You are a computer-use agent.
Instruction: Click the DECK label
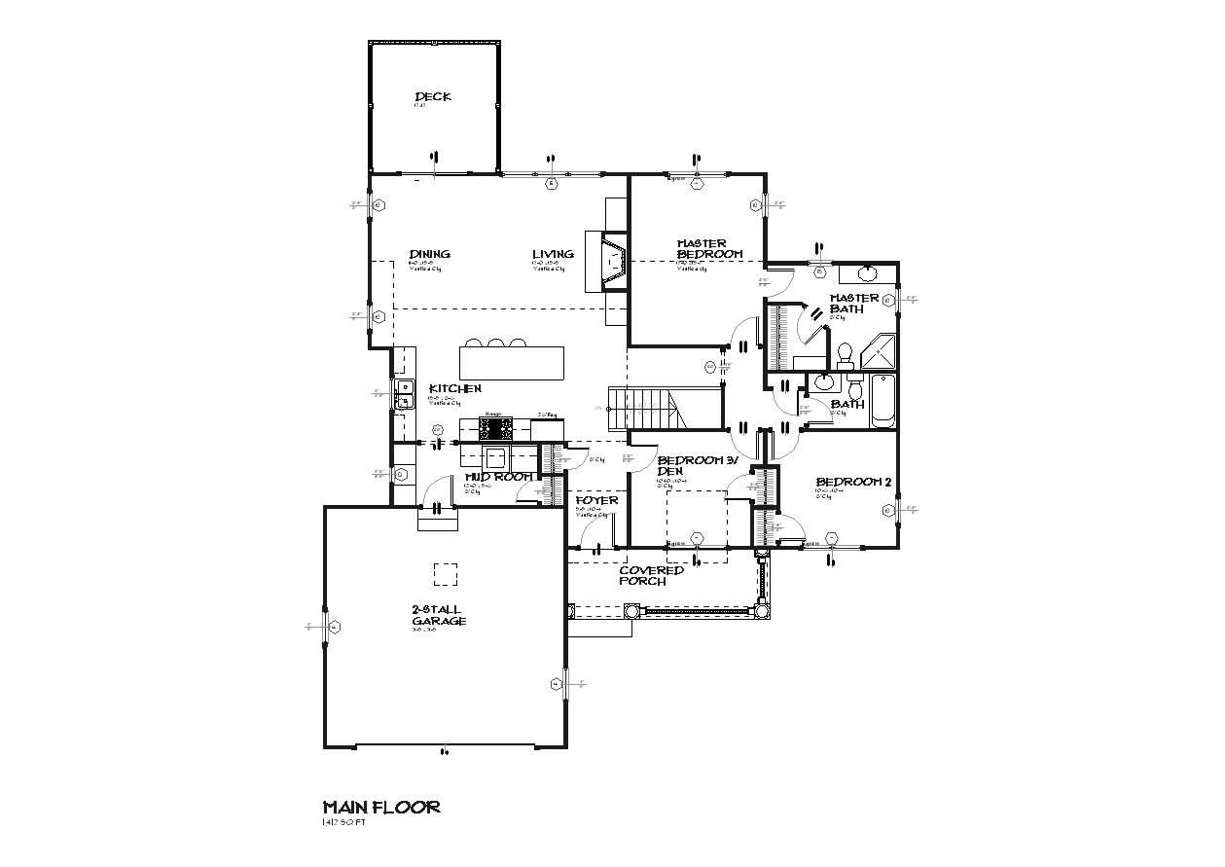(x=433, y=96)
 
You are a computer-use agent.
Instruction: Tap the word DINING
(x=429, y=254)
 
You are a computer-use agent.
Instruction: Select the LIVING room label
(x=552, y=254)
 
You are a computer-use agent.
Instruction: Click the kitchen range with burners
(x=496, y=427)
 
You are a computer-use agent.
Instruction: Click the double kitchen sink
(x=405, y=393)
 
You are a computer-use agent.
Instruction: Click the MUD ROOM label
(x=498, y=477)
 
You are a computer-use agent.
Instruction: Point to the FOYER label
(x=596, y=500)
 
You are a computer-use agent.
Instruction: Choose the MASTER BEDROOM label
(x=709, y=248)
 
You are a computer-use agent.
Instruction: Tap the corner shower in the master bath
(x=880, y=351)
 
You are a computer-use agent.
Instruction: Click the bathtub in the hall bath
(x=882, y=403)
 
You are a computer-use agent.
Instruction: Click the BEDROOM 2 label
(x=852, y=482)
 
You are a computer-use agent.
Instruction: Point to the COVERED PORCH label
(x=651, y=575)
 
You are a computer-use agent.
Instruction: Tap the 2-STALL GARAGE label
(x=439, y=615)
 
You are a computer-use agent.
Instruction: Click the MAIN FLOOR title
(x=381, y=807)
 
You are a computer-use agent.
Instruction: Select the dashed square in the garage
(x=445, y=574)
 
